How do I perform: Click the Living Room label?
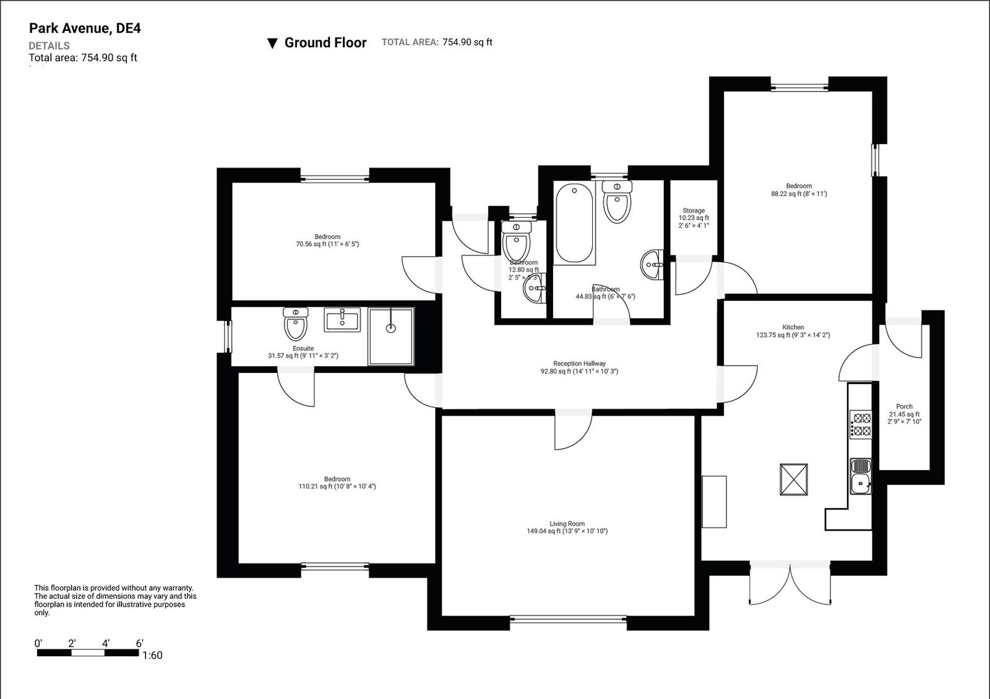567,524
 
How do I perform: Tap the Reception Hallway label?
579,364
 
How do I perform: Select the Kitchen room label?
793,327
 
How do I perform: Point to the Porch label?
904,406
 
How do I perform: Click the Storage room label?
694,210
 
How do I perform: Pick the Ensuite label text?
303,348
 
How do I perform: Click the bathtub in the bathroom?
574,223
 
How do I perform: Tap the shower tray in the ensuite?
391,337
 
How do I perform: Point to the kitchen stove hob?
860,424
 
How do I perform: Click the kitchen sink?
860,476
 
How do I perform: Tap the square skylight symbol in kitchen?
794,480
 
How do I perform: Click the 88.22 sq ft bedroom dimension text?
799,194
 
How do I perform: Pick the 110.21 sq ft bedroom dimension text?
337,486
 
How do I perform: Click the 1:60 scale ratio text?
152,656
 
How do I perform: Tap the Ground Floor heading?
325,43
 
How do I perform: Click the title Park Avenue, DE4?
85,28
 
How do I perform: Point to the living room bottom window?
569,619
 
